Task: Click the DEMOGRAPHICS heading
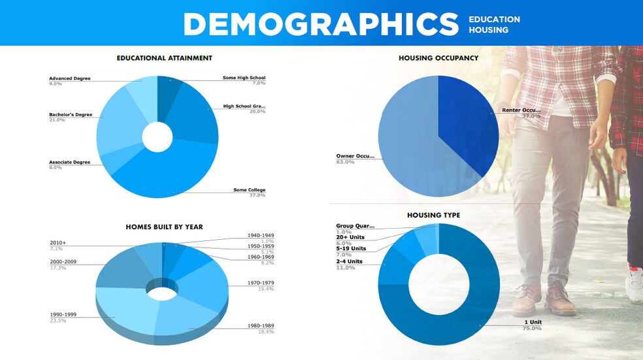coord(321,24)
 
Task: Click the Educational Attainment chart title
coord(164,58)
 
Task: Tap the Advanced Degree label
coord(70,78)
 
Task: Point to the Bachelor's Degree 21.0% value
coord(57,120)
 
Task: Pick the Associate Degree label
coord(70,162)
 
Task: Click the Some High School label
coord(244,78)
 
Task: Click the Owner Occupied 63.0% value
coord(345,161)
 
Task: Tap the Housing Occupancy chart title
coord(438,58)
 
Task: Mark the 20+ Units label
coord(351,237)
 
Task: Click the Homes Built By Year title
coord(164,227)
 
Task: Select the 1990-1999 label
coord(63,314)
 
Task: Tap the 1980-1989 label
coord(260,325)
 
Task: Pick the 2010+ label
coord(58,243)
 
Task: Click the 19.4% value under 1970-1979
coord(265,289)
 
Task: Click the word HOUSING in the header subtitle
coord(489,30)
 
